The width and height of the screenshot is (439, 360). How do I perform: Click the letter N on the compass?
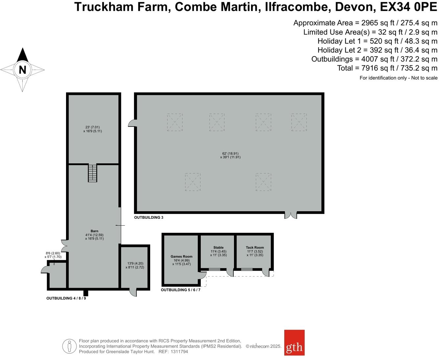point(22,70)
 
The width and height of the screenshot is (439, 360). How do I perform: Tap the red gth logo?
point(294,343)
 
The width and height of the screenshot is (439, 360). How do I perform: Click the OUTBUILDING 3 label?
point(149,217)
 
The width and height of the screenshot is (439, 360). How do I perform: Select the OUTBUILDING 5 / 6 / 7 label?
point(180,290)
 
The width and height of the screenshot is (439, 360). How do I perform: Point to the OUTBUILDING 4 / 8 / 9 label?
point(66,298)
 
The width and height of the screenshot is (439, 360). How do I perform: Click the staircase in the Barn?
point(92,173)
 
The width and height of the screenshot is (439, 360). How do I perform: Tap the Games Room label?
point(181,257)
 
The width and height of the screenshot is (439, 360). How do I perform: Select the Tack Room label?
point(255,248)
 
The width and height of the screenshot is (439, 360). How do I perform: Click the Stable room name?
point(218,248)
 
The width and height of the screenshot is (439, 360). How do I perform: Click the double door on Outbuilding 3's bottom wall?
point(290,215)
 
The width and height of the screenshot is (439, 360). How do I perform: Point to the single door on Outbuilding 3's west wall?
point(132,123)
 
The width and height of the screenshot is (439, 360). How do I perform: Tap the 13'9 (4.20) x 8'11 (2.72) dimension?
point(135,265)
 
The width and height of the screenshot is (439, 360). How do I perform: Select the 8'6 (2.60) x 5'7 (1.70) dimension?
point(53,255)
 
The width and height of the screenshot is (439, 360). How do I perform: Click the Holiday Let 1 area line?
point(377,41)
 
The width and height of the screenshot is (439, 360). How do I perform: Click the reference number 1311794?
point(179,351)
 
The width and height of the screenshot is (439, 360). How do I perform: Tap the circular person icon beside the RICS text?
point(69,346)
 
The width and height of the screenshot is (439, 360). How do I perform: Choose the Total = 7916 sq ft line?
point(387,68)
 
